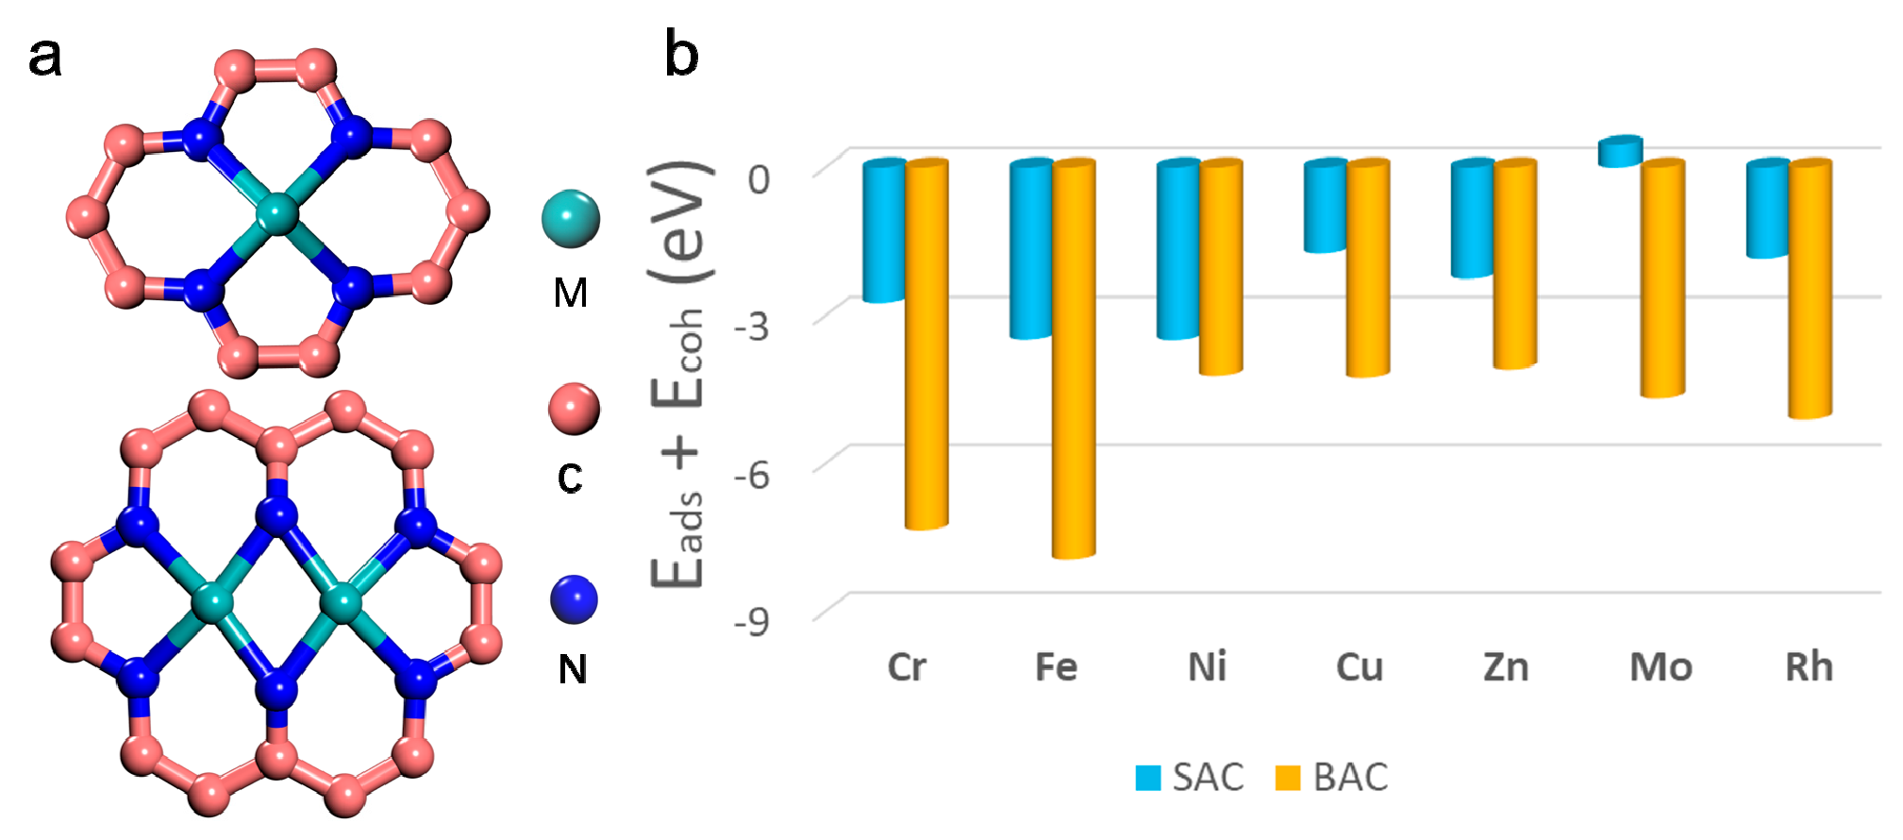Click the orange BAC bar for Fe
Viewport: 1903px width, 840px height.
click(x=1074, y=359)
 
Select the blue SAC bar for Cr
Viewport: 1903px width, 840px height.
click(x=884, y=231)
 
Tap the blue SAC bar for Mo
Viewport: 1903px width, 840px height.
click(x=1620, y=152)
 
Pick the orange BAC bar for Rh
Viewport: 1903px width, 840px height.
click(x=1810, y=289)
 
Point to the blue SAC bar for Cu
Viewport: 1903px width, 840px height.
click(x=1325, y=206)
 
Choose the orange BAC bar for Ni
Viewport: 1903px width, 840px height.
click(x=1221, y=267)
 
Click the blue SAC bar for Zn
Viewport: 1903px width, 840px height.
click(x=1472, y=219)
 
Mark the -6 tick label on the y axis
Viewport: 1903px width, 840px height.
click(x=752, y=474)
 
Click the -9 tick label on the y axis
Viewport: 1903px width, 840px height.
click(x=752, y=621)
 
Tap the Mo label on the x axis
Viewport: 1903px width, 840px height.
click(x=1661, y=667)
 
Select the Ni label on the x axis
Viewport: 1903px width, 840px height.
click(x=1207, y=667)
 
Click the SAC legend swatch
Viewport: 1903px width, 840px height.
click(x=1148, y=778)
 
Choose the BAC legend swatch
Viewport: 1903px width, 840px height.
click(x=1288, y=778)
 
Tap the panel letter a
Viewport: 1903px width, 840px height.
click(x=45, y=57)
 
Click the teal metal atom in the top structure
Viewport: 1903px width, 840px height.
click(x=277, y=213)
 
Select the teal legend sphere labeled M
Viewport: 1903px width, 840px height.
click(x=571, y=219)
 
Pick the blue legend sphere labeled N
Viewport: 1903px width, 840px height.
click(x=574, y=599)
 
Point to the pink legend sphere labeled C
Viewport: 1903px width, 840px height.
click(x=574, y=409)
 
